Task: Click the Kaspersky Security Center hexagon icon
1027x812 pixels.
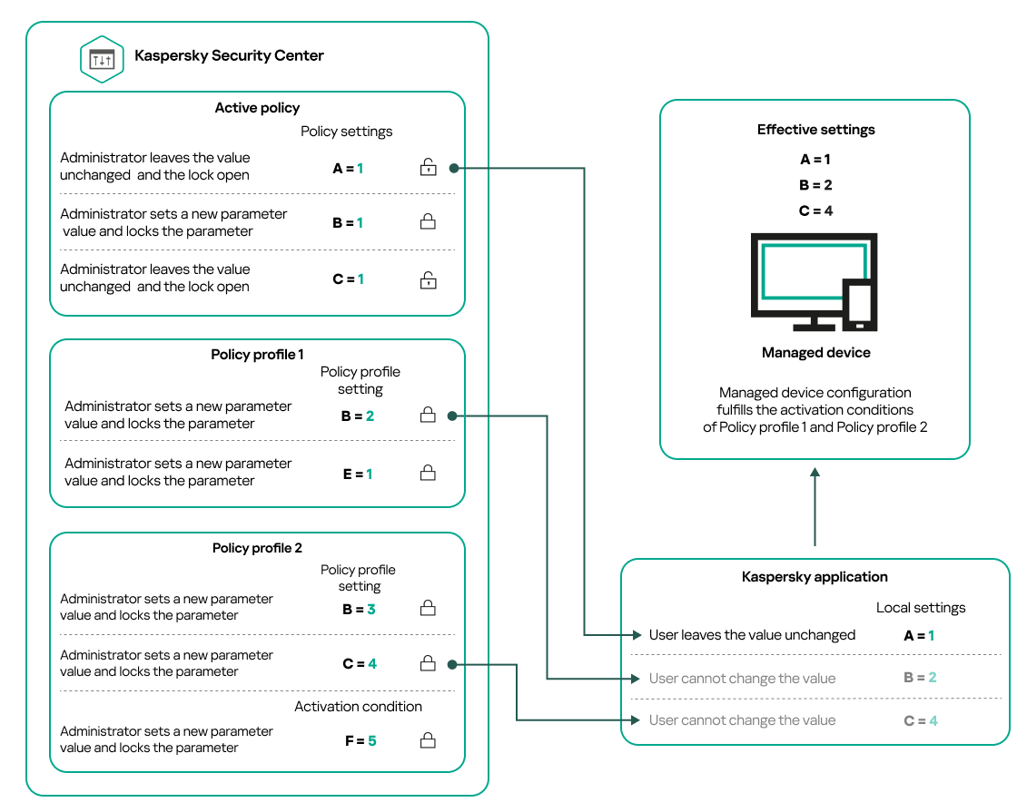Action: tap(102, 59)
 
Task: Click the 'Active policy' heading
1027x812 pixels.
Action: tap(257, 108)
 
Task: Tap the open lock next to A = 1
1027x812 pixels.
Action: tap(428, 168)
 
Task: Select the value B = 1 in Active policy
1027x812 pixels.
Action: tap(348, 222)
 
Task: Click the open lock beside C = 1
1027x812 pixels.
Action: tap(428, 279)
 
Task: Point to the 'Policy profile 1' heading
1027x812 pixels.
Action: tap(257, 355)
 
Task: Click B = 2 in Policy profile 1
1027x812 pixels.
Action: tap(358, 416)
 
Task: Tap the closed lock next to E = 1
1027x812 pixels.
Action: tap(428, 474)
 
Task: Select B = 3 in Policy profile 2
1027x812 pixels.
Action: tap(359, 610)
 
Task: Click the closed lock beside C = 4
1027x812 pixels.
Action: tap(428, 664)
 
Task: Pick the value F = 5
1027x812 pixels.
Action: tap(359, 741)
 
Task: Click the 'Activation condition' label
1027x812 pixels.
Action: tap(358, 707)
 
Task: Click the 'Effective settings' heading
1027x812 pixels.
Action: tap(815, 130)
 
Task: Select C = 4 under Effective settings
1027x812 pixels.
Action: tap(815, 210)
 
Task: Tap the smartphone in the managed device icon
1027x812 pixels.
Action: tap(858, 304)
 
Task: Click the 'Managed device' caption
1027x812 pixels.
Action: tap(815, 353)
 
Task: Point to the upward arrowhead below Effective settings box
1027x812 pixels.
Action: tap(815, 473)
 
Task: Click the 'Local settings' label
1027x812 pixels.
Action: tap(920, 608)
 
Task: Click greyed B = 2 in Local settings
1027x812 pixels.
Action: tap(919, 678)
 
